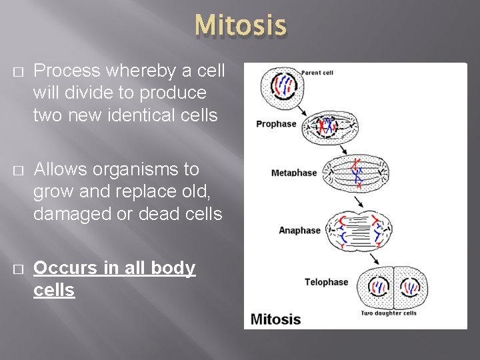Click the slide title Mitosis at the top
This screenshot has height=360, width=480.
click(241, 26)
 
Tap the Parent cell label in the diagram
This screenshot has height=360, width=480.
click(317, 72)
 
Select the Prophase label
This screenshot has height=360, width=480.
click(276, 124)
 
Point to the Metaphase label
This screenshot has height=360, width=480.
click(294, 173)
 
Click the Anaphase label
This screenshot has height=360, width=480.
click(299, 230)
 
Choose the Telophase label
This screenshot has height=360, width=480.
click(326, 282)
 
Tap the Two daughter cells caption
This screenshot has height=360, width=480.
click(389, 313)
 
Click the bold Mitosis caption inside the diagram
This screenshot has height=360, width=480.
click(276, 319)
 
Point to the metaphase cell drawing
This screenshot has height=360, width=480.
click(359, 173)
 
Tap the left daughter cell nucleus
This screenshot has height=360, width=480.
click(379, 287)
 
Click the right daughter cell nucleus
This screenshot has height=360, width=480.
click(409, 287)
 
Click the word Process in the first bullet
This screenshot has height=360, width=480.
click(65, 71)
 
